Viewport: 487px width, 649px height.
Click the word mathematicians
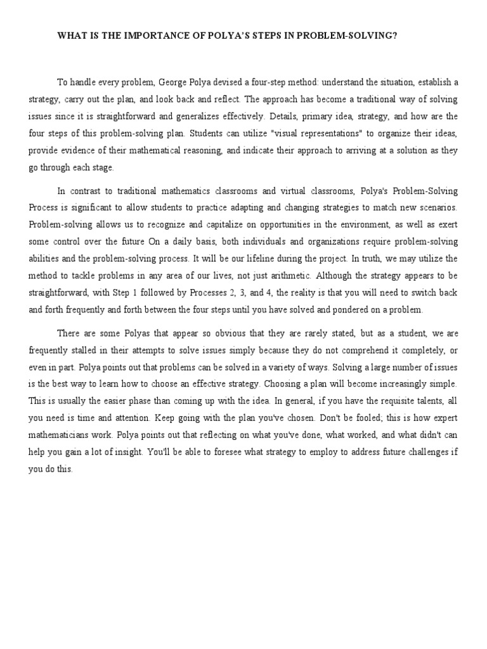click(x=62, y=435)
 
